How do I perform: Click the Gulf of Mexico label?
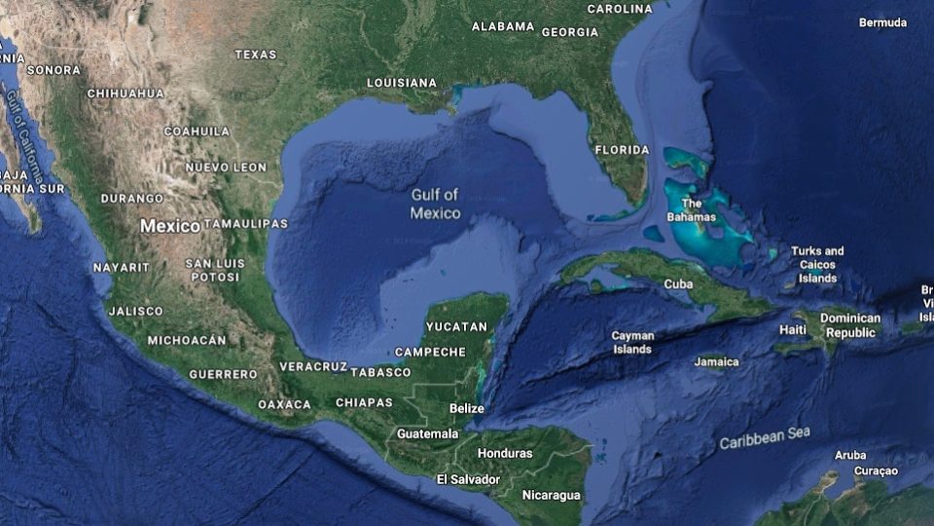tap(435, 204)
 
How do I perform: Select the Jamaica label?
tap(716, 361)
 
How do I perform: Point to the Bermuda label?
tap(882, 22)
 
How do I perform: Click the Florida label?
tap(622, 150)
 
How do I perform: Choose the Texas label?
tap(256, 55)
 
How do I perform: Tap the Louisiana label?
tap(402, 83)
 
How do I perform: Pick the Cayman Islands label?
tap(632, 342)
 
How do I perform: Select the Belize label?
tap(467, 408)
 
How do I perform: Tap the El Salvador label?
tap(468, 479)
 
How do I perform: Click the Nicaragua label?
tap(551, 495)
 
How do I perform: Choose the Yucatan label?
tap(456, 326)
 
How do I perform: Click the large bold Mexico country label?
tap(170, 225)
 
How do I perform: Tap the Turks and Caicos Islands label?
tap(817, 264)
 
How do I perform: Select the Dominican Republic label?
tap(850, 325)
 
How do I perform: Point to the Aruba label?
tap(850, 455)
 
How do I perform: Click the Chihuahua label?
tap(126, 94)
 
